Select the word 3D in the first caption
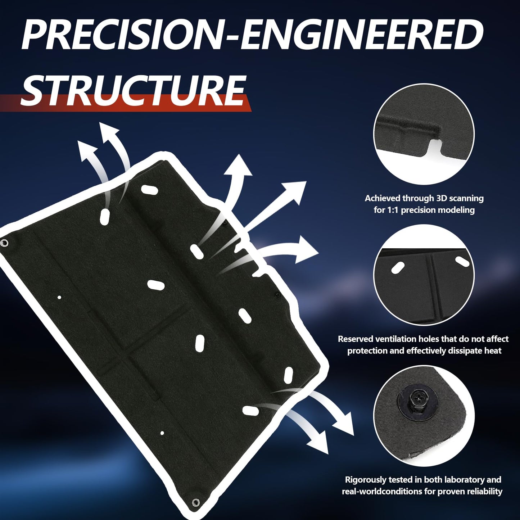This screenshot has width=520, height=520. click(443, 198)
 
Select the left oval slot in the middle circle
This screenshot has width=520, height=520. click(398, 268)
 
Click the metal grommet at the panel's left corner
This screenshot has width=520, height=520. click(4, 243)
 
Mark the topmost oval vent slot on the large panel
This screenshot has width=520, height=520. click(149, 190)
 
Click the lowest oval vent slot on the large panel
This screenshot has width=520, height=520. click(250, 411)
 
